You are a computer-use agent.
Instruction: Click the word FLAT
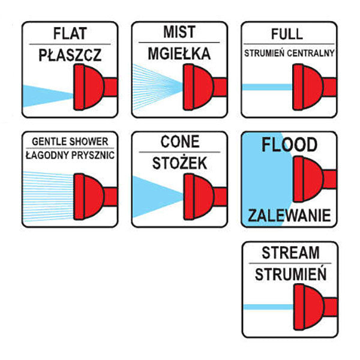click(x=70, y=34)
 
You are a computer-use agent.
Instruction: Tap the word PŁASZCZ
click(x=70, y=55)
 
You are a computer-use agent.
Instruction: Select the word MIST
click(x=179, y=32)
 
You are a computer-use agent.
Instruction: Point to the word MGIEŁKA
click(x=179, y=54)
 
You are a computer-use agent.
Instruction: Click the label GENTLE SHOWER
click(x=70, y=142)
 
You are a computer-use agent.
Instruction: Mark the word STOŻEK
click(x=179, y=163)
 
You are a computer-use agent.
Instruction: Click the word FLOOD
click(x=289, y=145)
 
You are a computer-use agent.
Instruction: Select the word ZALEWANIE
click(x=289, y=215)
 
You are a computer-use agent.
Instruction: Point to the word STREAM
click(x=290, y=253)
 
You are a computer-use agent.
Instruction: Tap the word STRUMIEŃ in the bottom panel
click(x=290, y=274)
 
